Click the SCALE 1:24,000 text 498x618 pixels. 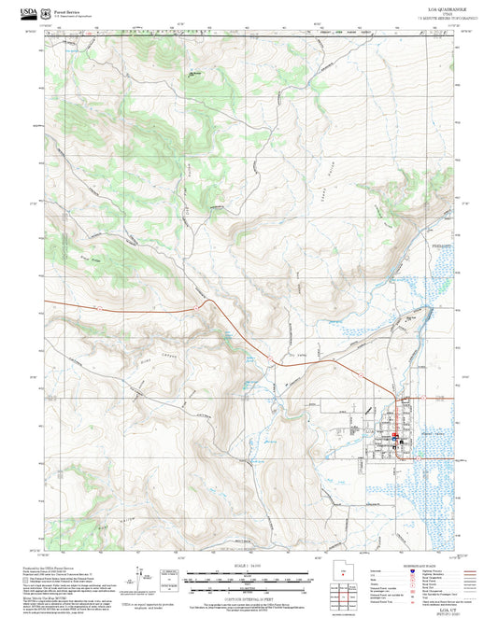pos(249,565)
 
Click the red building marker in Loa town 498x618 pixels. pos(396,435)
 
